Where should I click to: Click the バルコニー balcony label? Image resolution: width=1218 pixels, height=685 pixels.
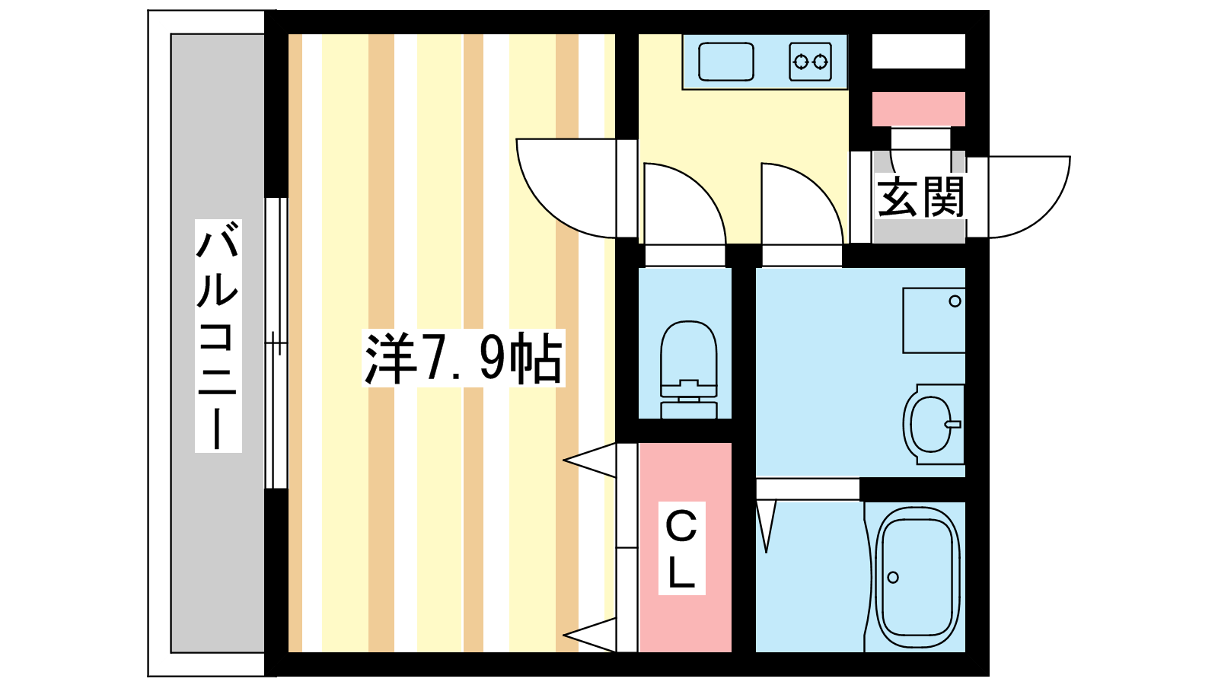click(218, 336)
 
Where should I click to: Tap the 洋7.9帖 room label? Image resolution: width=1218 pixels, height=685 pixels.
click(464, 358)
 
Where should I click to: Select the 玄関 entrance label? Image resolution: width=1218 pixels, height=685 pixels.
click(920, 196)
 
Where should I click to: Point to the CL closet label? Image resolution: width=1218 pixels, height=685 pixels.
click(681, 548)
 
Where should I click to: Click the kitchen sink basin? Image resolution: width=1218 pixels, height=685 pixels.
click(726, 62)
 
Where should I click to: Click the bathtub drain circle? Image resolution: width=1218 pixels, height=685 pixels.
click(893, 577)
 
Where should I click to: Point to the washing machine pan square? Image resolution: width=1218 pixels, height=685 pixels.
click(933, 320)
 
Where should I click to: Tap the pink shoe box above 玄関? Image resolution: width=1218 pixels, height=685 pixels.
click(918, 109)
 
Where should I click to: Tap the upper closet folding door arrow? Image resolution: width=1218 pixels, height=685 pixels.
click(591, 460)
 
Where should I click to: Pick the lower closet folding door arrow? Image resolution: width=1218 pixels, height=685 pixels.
click(591, 634)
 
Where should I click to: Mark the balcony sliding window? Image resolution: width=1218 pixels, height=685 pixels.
click(276, 342)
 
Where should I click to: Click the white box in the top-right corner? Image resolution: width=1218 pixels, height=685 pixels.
click(918, 51)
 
